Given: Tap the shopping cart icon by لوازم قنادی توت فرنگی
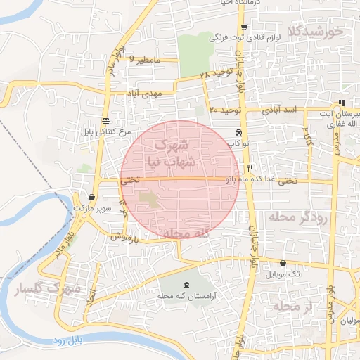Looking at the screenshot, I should click(x=244, y=27).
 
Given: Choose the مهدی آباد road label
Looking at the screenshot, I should click(x=144, y=93).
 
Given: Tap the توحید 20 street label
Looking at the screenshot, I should click(x=225, y=110).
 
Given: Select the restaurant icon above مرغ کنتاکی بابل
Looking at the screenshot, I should click(x=105, y=121).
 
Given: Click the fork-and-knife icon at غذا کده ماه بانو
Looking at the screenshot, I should click(x=250, y=169).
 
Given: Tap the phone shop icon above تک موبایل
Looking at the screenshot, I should click(x=283, y=264).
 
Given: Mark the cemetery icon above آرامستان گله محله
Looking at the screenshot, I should click(x=186, y=285).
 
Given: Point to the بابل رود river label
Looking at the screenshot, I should click(x=69, y=341).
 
